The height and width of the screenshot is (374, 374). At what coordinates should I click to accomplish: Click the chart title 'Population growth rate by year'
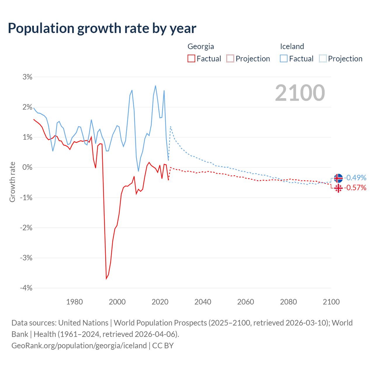[102, 28]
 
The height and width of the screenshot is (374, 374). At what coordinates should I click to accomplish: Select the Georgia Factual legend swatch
[191, 58]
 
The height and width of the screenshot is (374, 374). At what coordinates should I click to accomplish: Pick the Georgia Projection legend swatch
[230, 58]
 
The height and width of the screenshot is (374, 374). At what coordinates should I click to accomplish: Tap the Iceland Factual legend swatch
[284, 58]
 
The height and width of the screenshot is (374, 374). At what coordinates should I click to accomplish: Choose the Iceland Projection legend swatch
[323, 58]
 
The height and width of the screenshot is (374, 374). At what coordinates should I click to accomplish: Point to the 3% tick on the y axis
[27, 77]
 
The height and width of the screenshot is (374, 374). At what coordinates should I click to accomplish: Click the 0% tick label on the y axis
[27, 167]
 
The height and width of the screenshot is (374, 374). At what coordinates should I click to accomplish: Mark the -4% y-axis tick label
[26, 288]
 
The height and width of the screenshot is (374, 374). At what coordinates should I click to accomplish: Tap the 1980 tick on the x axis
[75, 302]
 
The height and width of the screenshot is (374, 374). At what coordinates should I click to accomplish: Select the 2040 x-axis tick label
[203, 302]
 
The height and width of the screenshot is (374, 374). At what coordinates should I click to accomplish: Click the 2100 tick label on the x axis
[331, 302]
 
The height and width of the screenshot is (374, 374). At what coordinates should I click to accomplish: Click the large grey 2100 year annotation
[300, 93]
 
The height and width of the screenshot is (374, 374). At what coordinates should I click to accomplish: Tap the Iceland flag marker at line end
[338, 178]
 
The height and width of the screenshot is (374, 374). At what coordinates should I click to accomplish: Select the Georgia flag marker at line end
[338, 188]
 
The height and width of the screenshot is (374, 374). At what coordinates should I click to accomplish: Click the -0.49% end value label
[355, 178]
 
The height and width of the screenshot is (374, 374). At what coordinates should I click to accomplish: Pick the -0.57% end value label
[355, 188]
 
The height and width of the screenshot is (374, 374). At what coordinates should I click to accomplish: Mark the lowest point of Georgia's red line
[106, 279]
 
